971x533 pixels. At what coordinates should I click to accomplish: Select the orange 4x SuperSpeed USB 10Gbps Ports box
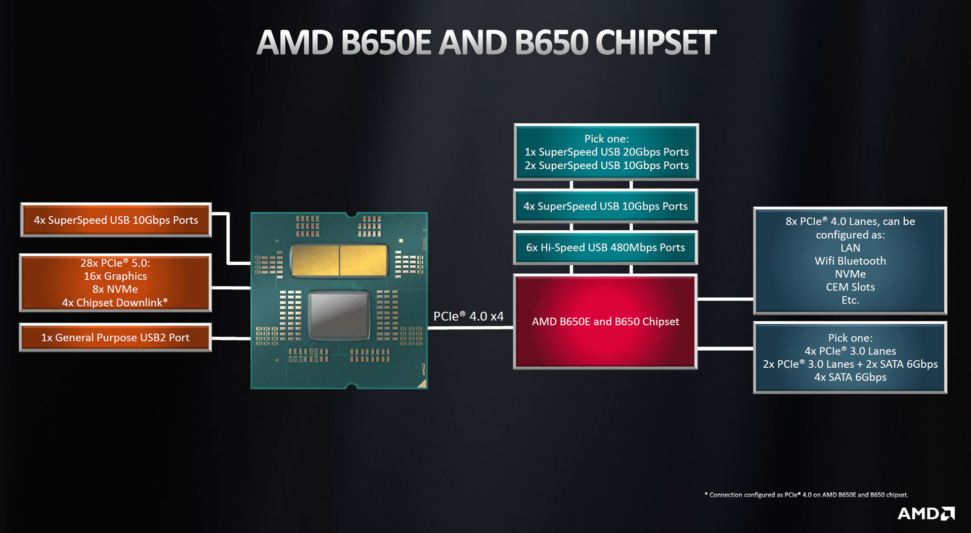(x=116, y=220)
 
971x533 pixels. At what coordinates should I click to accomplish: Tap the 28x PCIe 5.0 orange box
(x=115, y=283)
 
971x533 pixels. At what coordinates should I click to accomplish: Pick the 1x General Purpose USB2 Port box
(x=115, y=337)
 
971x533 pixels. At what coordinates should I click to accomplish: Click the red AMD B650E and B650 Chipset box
(x=605, y=322)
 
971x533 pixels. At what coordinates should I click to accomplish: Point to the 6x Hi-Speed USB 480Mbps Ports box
(x=605, y=248)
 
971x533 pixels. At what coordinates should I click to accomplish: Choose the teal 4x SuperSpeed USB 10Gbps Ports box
(x=605, y=206)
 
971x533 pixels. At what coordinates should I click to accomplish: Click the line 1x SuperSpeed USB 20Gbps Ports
(x=606, y=152)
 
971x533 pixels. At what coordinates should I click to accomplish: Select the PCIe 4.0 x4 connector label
(x=468, y=316)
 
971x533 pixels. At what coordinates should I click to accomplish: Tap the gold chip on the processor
(x=339, y=260)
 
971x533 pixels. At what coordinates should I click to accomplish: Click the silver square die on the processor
(x=339, y=315)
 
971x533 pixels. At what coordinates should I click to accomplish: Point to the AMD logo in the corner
(x=925, y=514)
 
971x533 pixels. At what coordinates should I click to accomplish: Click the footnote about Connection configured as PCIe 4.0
(x=806, y=495)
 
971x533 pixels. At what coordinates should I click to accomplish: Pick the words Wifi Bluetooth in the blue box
(x=850, y=261)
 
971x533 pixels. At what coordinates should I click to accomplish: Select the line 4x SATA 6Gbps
(x=850, y=377)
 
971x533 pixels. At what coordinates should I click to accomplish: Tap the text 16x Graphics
(x=115, y=276)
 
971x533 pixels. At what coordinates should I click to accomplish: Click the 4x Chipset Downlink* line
(x=115, y=303)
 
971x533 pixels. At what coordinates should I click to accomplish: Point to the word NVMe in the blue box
(x=850, y=274)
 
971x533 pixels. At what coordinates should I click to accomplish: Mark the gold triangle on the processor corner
(x=421, y=383)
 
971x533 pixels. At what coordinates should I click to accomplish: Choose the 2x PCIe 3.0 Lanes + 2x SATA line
(x=850, y=364)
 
